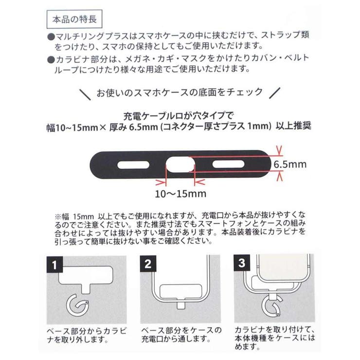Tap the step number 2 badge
click(x=147, y=266)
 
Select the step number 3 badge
click(x=241, y=266)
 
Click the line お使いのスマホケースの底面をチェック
click(x=180, y=92)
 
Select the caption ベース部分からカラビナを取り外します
click(x=86, y=335)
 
